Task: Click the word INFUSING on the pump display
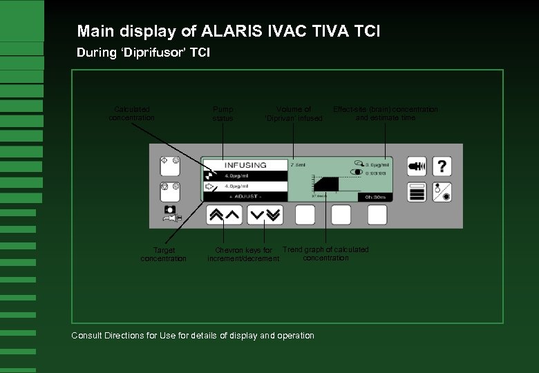pyautogui.click(x=245, y=165)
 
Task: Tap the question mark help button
pyautogui.click(x=442, y=166)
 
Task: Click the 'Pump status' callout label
pyautogui.click(x=223, y=113)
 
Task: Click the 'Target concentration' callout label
pyautogui.click(x=164, y=254)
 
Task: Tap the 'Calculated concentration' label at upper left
pyautogui.click(x=132, y=113)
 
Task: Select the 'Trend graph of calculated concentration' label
pyautogui.click(x=325, y=254)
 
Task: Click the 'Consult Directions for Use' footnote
pyautogui.click(x=193, y=336)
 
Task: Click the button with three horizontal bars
pyautogui.click(x=416, y=193)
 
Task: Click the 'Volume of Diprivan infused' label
pyautogui.click(x=294, y=113)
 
